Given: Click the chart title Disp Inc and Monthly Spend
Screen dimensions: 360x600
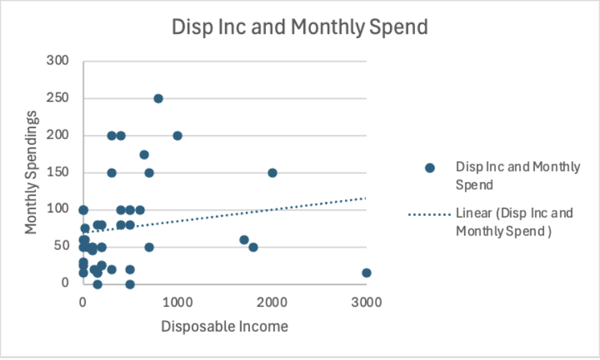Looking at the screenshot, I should pyautogui.click(x=300, y=27).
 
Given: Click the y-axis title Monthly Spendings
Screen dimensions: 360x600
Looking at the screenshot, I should pyautogui.click(x=31, y=172).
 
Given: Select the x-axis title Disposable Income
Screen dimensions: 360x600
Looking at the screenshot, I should pyautogui.click(x=224, y=326).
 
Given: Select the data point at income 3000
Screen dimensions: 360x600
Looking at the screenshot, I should pyautogui.click(x=367, y=273).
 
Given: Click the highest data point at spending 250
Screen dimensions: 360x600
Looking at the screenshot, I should pyautogui.click(x=158, y=98).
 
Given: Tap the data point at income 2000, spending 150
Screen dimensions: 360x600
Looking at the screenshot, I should pyautogui.click(x=272, y=172).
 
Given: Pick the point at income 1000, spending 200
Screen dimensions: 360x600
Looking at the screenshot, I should pyautogui.click(x=177, y=136).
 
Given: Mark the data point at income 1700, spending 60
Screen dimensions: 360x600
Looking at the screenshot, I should pyautogui.click(x=244, y=240).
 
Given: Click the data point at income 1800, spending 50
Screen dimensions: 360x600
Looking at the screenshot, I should pyautogui.click(x=253, y=247).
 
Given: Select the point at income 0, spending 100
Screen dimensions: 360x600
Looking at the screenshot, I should pyautogui.click(x=83, y=210).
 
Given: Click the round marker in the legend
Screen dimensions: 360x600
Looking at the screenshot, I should pyautogui.click(x=430, y=168).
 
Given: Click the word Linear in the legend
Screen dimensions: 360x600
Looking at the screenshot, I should pyautogui.click(x=472, y=213).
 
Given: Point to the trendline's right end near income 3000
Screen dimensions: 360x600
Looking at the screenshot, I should pyautogui.click(x=365, y=198).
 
